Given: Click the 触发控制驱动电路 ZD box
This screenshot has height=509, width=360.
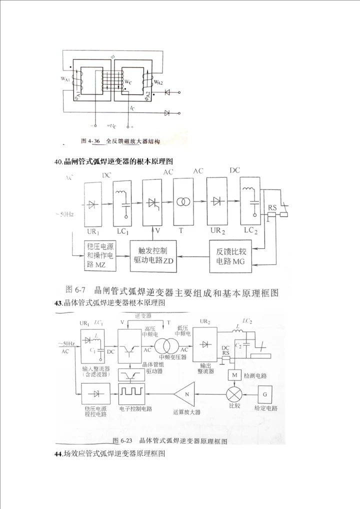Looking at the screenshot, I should (x=153, y=256).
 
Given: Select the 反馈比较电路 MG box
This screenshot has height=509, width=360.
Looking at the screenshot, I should (x=231, y=255).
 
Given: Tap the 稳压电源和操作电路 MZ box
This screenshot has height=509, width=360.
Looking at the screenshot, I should (x=100, y=256).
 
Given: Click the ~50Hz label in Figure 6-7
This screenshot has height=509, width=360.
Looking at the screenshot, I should (x=64, y=214).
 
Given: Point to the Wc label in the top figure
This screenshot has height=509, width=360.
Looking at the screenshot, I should (x=128, y=82).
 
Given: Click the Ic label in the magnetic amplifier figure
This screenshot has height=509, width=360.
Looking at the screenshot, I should (x=131, y=107).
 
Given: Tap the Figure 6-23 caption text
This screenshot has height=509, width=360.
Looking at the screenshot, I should (x=170, y=440).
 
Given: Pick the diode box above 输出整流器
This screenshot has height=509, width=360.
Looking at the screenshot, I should (x=204, y=344).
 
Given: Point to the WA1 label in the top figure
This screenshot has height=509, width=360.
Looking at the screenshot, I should (x=66, y=78).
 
